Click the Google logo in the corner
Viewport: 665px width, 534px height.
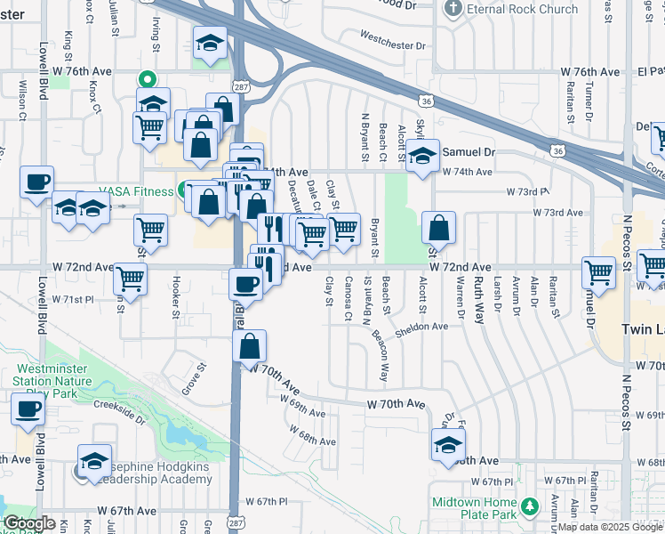28,524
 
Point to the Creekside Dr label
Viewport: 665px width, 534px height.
119,410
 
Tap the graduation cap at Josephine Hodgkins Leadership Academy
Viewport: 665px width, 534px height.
94,460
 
